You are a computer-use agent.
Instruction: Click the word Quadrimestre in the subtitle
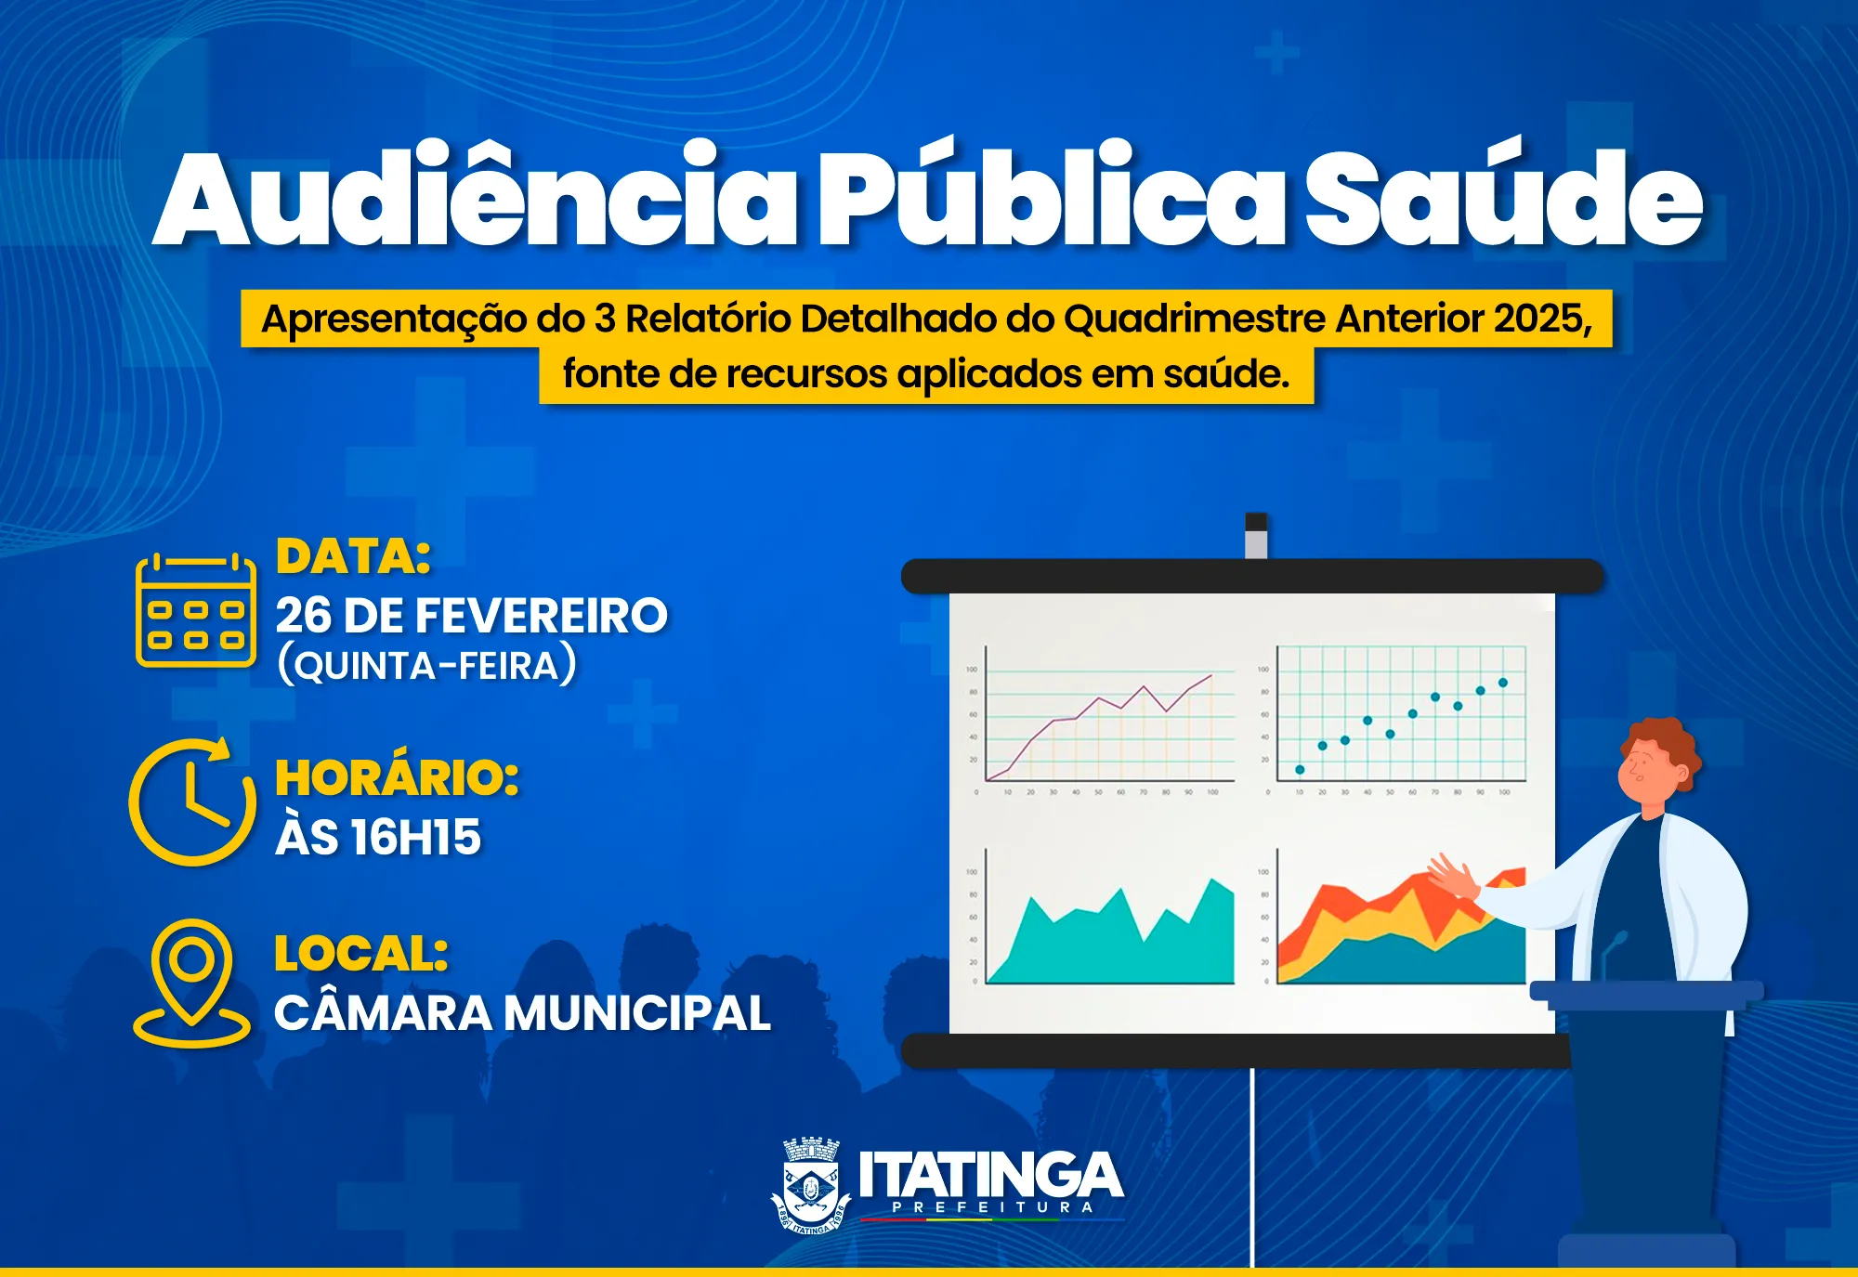(1195, 319)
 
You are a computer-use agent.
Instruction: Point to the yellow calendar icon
(196, 610)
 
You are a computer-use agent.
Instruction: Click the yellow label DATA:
(354, 557)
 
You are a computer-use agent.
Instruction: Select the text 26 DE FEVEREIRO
(472, 616)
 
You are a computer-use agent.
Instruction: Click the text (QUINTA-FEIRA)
(427, 666)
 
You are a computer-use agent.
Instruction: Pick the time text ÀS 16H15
(378, 837)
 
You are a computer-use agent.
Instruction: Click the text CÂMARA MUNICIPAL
(522, 1012)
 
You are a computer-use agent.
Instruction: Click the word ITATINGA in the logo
(990, 1175)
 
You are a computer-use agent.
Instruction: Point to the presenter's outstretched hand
(1454, 875)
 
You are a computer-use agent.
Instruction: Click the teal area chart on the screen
(1115, 938)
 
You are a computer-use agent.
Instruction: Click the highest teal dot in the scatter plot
(1503, 683)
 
